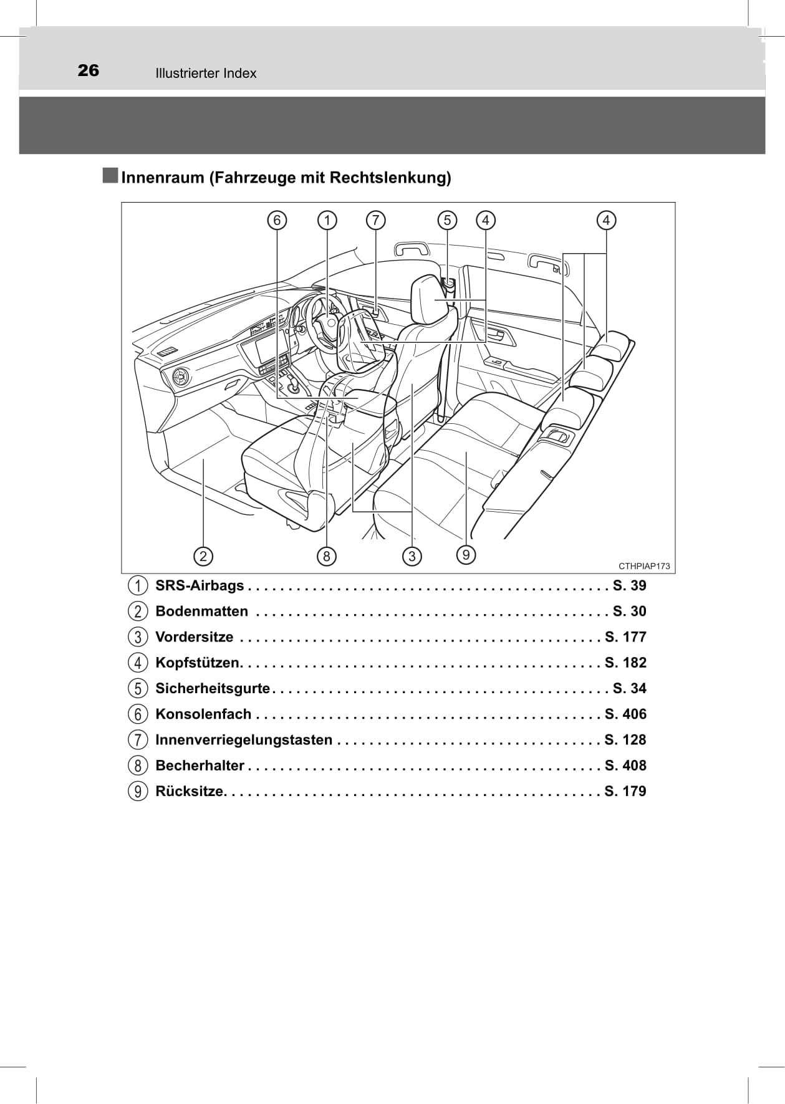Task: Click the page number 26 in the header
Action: point(89,70)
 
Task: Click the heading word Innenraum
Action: point(163,178)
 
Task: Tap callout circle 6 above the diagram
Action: point(277,220)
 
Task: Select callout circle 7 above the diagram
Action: point(375,220)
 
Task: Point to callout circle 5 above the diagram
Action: point(447,220)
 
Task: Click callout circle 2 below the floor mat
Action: point(203,555)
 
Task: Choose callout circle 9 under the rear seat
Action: point(466,554)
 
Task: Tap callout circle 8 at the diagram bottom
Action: point(326,555)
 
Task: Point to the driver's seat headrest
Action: point(435,299)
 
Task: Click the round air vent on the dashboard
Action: point(181,378)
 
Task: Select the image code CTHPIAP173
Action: point(644,566)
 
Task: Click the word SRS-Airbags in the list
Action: point(200,586)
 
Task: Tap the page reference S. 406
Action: point(625,714)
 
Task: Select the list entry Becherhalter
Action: point(200,766)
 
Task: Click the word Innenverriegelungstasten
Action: point(244,740)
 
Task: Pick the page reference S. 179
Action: point(625,791)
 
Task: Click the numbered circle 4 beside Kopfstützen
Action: point(138,663)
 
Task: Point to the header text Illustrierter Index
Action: point(206,74)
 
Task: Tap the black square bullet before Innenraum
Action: point(110,176)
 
